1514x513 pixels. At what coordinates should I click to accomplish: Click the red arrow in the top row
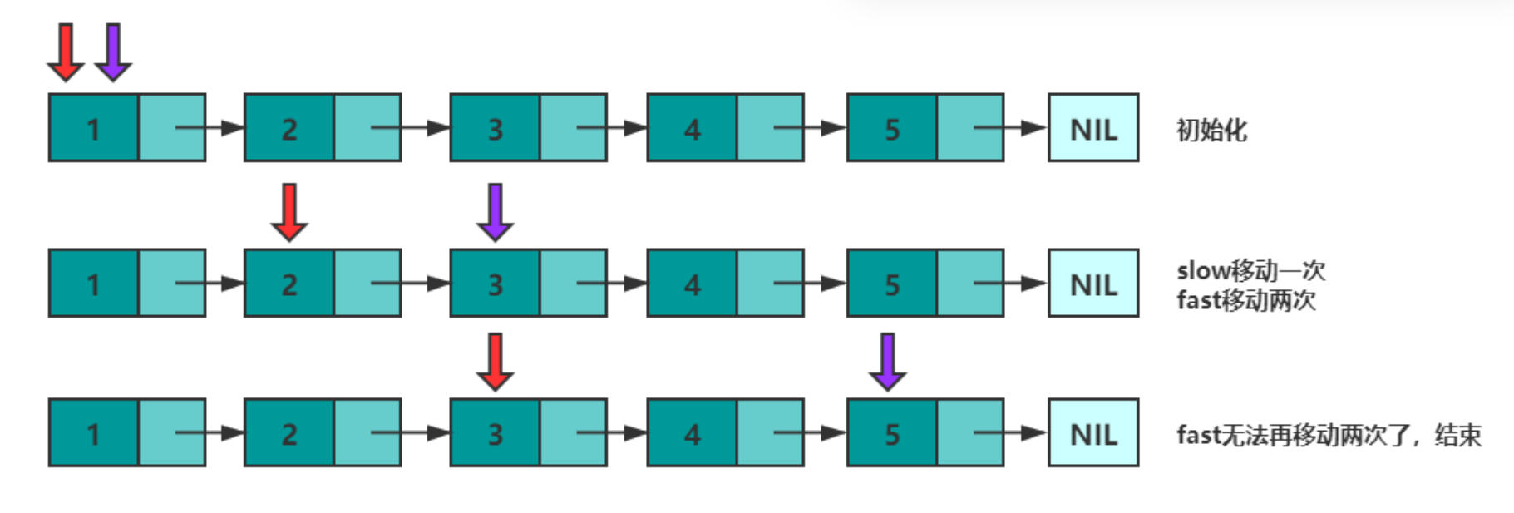coord(65,52)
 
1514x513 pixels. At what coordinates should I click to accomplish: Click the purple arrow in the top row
coord(113,52)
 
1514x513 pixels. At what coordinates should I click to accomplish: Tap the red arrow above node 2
coord(289,212)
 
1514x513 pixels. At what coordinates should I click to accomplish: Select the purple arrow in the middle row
coord(495,212)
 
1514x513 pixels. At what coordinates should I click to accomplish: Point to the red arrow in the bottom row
coord(495,362)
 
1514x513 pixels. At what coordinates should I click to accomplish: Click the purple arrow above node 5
coord(887,362)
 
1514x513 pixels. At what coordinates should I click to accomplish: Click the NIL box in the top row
coord(1092,128)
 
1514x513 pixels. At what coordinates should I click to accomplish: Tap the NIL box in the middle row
coord(1092,284)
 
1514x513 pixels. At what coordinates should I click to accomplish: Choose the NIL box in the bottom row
coord(1092,433)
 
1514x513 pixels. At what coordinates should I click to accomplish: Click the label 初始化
coord(1211,130)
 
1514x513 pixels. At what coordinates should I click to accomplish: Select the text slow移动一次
coord(1250,270)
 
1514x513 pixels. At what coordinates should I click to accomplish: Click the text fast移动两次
coord(1246,299)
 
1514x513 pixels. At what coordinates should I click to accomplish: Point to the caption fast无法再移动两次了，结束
coord(1329,435)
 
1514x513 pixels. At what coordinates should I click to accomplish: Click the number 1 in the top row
coord(93,129)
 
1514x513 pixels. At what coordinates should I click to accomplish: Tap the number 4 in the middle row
coord(692,284)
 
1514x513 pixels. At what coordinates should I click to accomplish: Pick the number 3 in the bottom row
coord(495,434)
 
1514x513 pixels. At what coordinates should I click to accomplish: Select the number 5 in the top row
coord(891,129)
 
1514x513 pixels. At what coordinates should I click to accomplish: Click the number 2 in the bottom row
coord(288,434)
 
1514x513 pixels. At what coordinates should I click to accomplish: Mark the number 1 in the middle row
coord(93,284)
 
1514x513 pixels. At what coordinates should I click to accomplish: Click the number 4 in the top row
coord(692,129)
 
